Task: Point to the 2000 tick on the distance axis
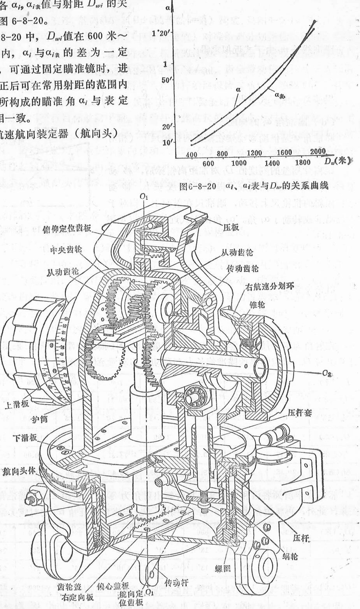pyautogui.click(x=318, y=151)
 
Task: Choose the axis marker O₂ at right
pyautogui.click(x=328, y=373)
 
